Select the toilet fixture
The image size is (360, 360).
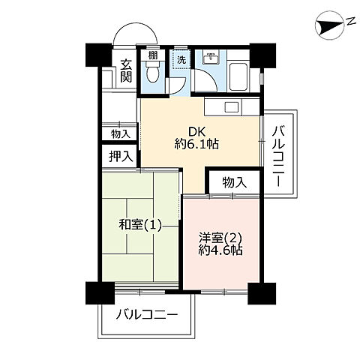154,73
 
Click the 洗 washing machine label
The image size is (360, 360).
180,57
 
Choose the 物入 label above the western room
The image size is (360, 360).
234,181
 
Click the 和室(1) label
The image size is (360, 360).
140,225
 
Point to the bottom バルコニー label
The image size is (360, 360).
147,314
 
